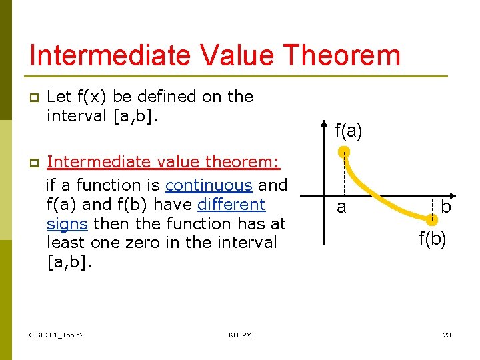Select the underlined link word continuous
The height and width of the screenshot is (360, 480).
pyautogui.click(x=209, y=185)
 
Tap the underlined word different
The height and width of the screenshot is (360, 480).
pyautogui.click(x=231, y=204)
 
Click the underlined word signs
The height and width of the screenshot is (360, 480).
pyautogui.click(x=68, y=223)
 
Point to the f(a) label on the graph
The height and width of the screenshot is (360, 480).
pyautogui.click(x=349, y=131)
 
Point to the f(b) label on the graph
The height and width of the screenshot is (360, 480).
pyautogui.click(x=433, y=239)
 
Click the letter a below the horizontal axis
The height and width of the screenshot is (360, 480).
pyautogui.click(x=341, y=207)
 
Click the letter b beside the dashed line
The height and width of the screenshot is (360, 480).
pyautogui.click(x=446, y=207)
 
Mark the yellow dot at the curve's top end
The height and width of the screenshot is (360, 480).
pyautogui.click(x=343, y=152)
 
